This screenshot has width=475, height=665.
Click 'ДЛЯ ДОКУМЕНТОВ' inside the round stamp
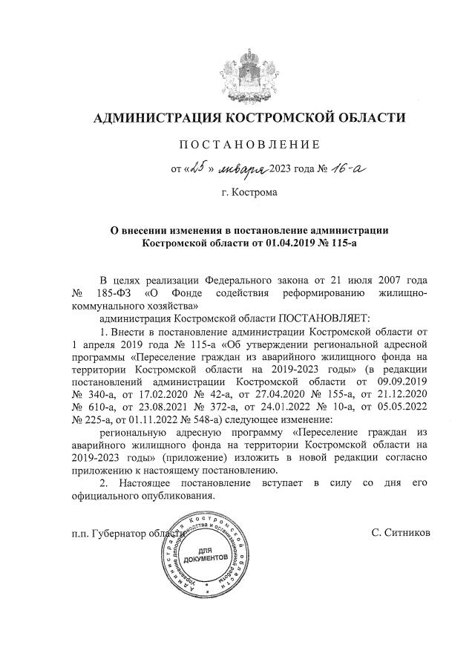(x=209, y=554)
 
